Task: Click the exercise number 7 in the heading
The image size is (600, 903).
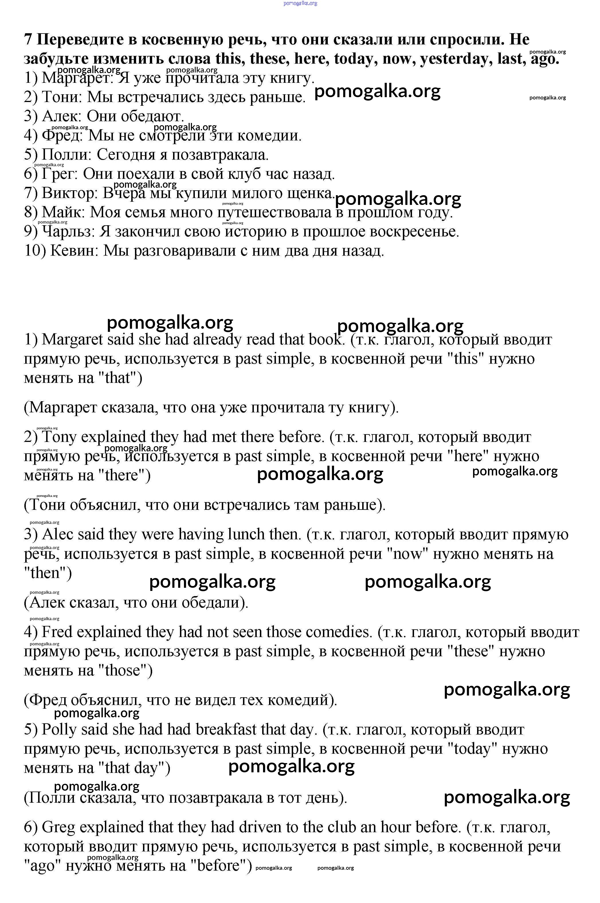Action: coord(28,40)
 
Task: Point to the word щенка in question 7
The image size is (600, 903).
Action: coord(310,193)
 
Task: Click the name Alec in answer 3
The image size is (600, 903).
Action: coord(57,534)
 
